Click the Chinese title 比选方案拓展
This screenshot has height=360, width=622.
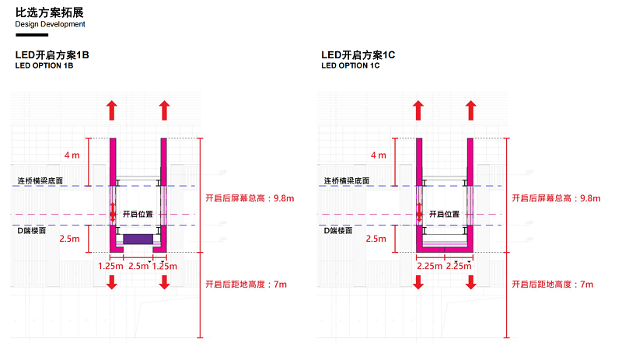click(x=49, y=12)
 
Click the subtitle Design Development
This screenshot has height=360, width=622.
click(x=50, y=24)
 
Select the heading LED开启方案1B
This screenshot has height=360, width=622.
click(x=52, y=56)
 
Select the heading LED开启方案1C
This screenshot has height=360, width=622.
click(x=358, y=56)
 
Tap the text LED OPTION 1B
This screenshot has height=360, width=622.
click(x=44, y=66)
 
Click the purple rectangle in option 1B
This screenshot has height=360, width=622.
click(x=138, y=238)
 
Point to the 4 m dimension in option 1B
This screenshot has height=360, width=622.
click(x=72, y=156)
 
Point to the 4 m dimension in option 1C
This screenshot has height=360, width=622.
click(x=378, y=156)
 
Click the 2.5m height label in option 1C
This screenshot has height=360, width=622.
click(x=376, y=239)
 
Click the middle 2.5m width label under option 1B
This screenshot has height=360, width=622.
click(x=138, y=266)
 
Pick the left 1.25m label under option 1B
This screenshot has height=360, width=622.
click(x=110, y=266)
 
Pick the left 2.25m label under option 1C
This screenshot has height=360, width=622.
click(x=428, y=266)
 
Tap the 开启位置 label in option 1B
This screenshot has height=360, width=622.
click(x=138, y=214)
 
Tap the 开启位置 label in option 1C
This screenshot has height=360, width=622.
click(x=444, y=214)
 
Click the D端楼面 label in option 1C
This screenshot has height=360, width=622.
click(x=338, y=230)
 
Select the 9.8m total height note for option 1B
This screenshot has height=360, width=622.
click(x=250, y=198)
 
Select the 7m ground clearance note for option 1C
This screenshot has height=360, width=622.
click(x=552, y=285)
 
